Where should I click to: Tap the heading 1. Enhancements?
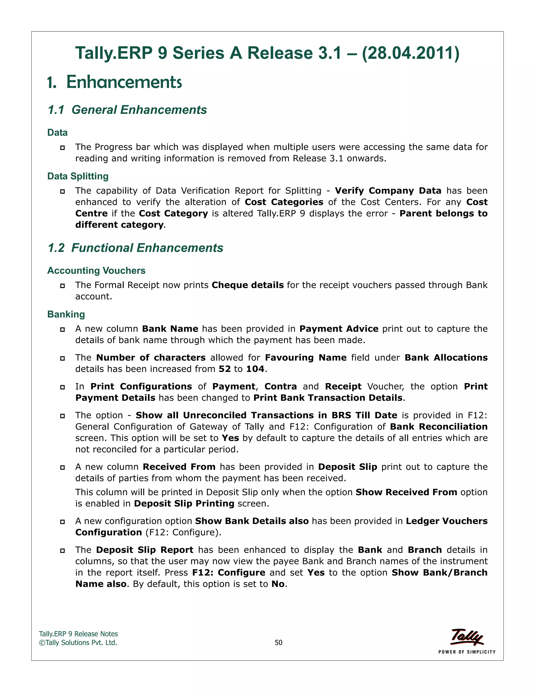point(115,82)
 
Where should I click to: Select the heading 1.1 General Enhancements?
point(127,110)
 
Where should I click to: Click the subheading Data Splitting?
point(78,176)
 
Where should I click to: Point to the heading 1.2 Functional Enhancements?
point(136,248)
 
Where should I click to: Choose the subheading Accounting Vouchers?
point(96,271)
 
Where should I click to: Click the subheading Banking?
point(66,314)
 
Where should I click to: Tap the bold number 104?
point(255,369)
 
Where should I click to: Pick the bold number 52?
point(224,369)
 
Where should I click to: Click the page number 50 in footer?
point(278,642)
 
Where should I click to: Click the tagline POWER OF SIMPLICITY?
point(467,652)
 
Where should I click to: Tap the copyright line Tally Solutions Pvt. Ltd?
point(78,643)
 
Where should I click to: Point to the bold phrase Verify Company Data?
point(388,191)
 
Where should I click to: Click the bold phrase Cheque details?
point(248,285)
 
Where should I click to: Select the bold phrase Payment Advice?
point(339,329)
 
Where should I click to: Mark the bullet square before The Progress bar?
point(62,148)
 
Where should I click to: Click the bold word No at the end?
point(278,584)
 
